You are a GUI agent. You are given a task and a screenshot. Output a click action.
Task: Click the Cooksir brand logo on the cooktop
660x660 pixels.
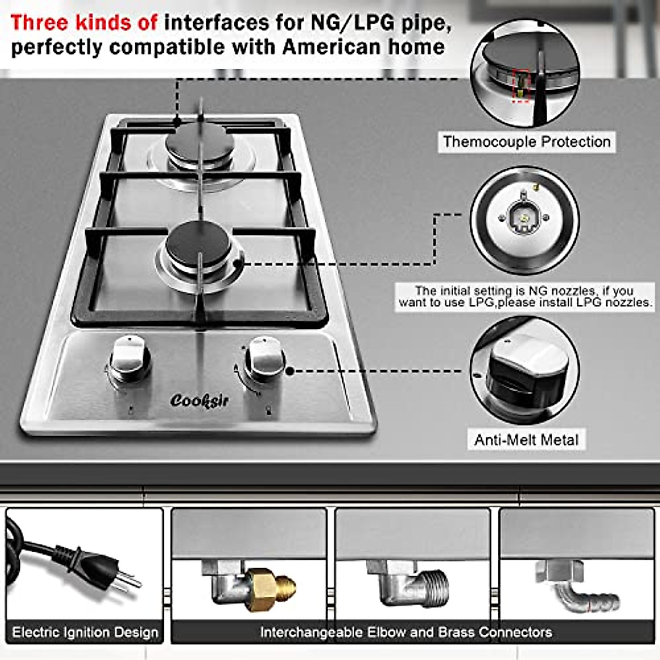coord(199,400)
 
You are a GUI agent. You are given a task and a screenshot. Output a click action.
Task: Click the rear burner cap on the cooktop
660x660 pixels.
coord(200,141)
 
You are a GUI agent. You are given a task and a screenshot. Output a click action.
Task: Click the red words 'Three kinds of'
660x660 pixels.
coord(84,23)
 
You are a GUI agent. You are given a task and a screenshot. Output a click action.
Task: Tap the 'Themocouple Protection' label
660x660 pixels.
coord(526,142)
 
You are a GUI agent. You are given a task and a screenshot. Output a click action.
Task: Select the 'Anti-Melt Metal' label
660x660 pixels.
coord(526,440)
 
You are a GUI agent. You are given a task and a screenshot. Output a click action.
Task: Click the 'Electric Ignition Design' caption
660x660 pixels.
coord(85,632)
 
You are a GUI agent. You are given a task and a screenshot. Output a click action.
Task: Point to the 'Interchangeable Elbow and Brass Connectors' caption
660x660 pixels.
coord(406,632)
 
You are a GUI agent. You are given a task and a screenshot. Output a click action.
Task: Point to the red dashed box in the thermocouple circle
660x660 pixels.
coord(520,86)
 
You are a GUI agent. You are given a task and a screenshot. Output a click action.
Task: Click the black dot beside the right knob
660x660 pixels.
coord(290,371)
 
